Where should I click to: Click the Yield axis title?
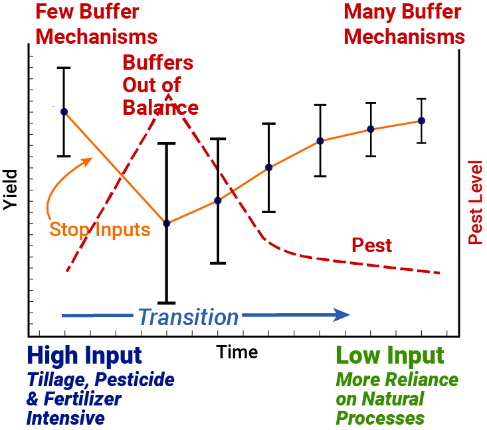point(10,190)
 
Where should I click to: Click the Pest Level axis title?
point(475,202)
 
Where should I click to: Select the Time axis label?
point(237,352)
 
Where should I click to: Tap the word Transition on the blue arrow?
point(188,317)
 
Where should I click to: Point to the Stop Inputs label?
point(100,230)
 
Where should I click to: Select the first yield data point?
point(64,111)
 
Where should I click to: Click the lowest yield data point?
point(167,224)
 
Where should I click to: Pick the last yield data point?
point(421,121)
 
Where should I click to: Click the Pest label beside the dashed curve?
point(371,246)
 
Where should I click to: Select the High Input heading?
point(84,356)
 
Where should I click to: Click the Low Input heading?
point(389,356)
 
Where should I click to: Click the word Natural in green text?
point(393,399)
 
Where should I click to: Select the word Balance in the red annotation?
point(160,107)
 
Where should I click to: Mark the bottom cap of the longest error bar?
point(167,303)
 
